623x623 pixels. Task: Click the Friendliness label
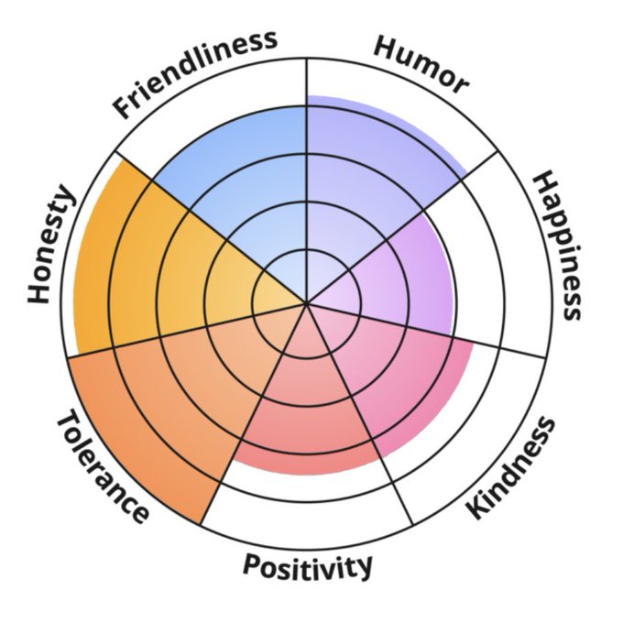click(194, 73)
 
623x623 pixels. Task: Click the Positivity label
click(308, 566)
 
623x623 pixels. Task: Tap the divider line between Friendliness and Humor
click(306, 137)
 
